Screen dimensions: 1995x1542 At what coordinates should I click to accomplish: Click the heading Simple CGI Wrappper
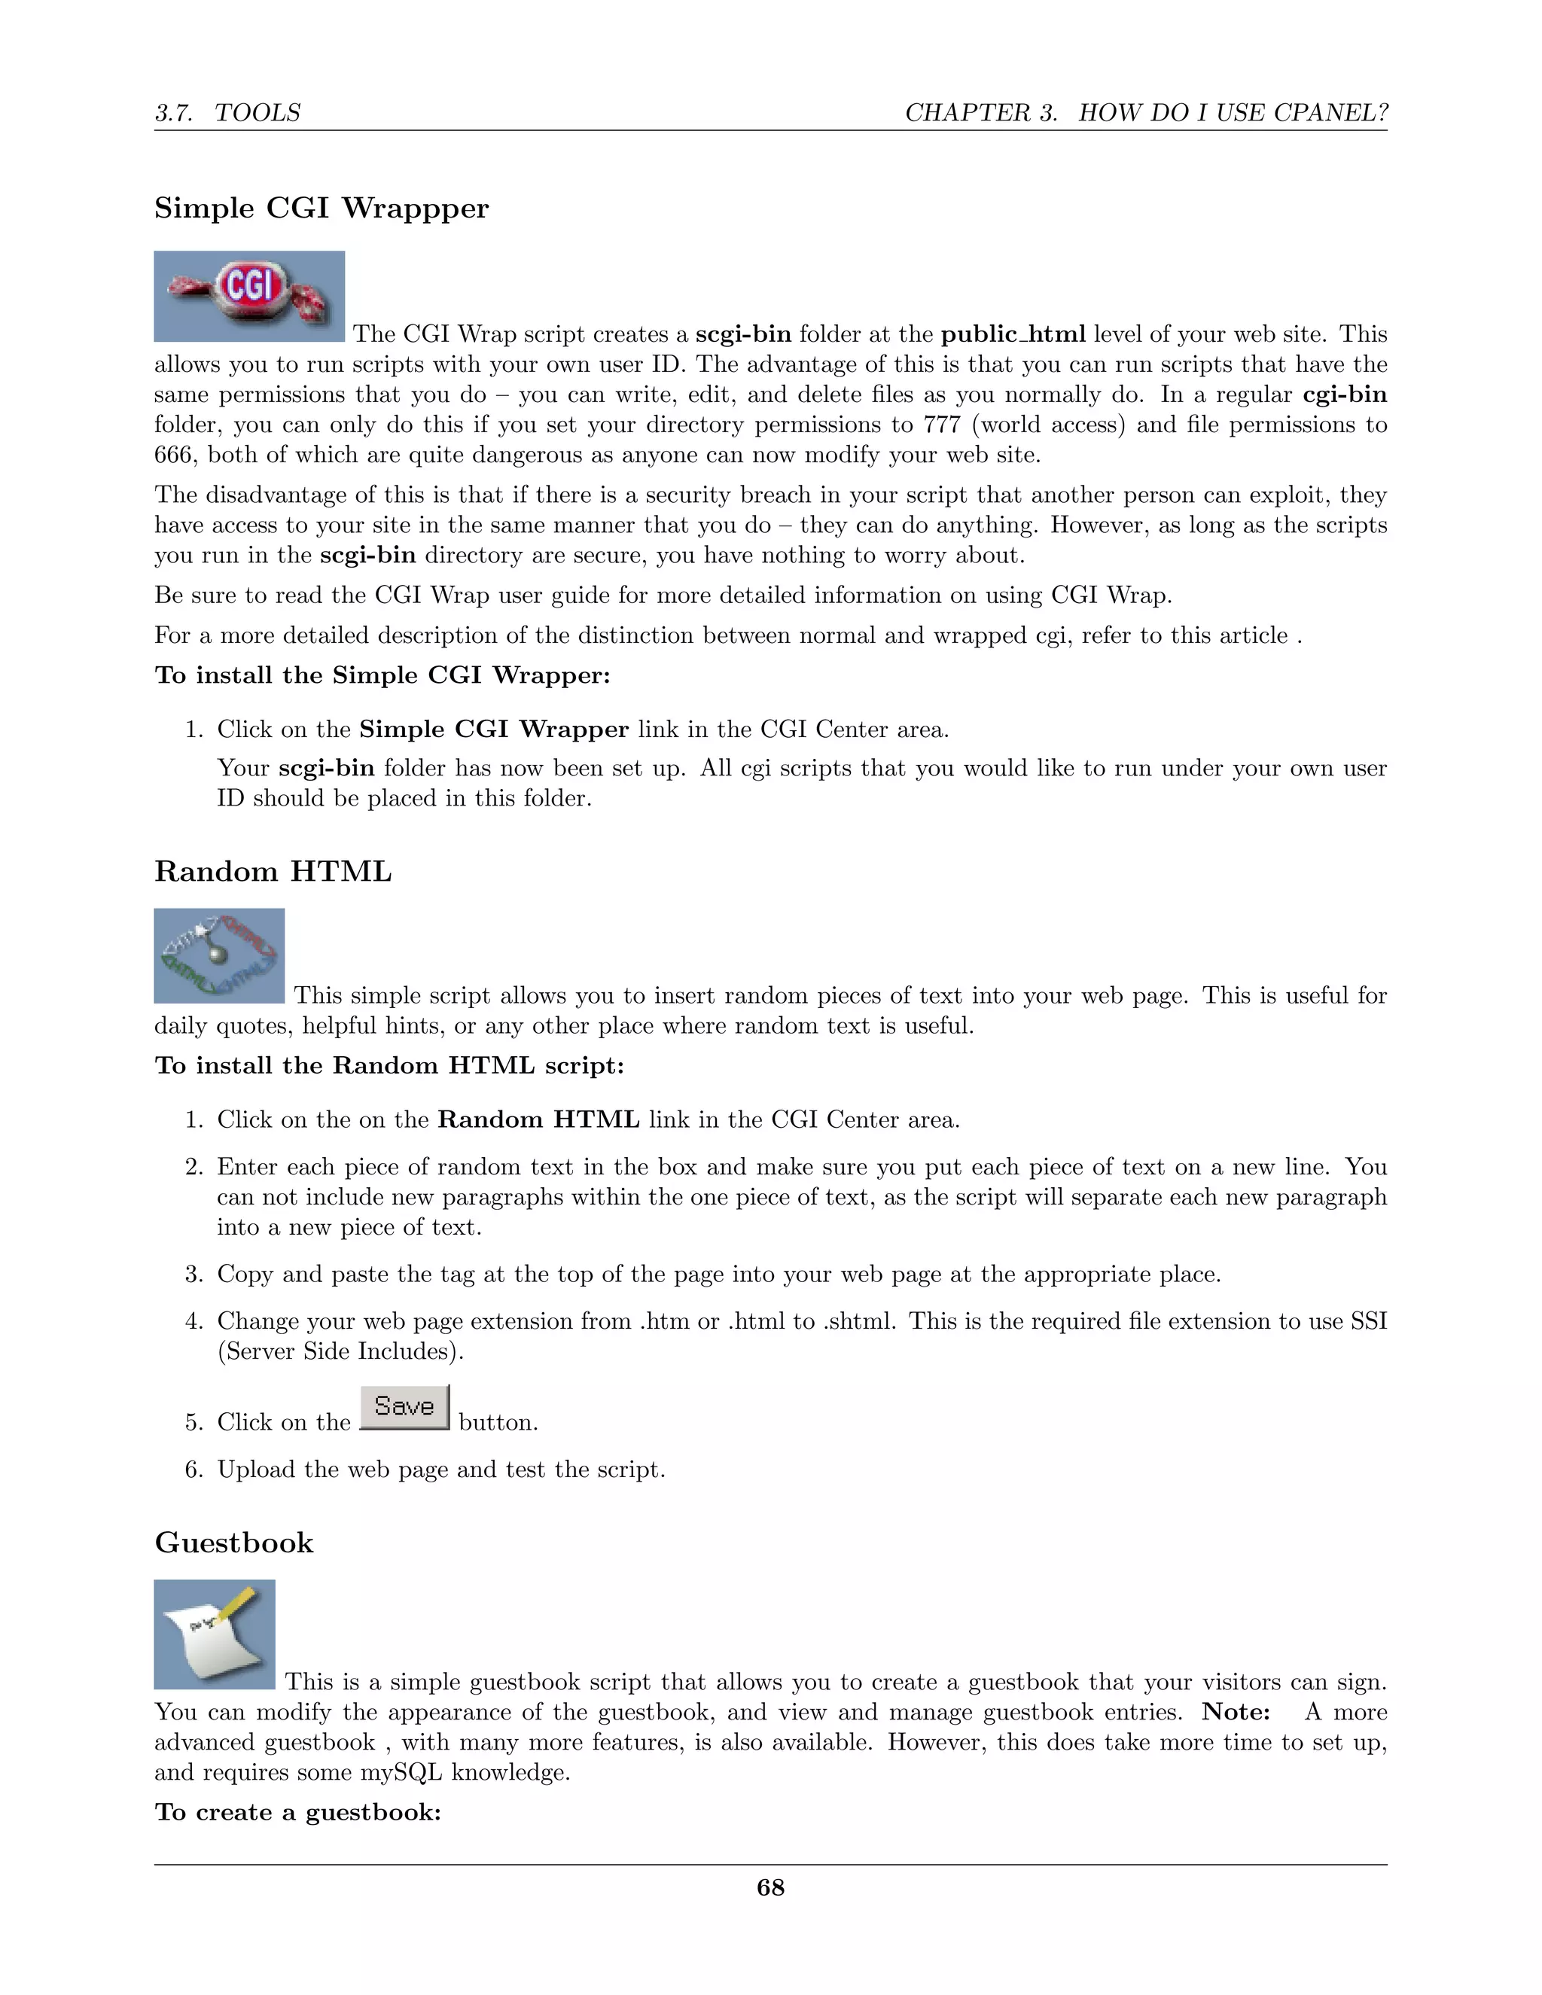tap(322, 209)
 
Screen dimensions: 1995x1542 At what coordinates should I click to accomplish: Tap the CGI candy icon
tap(248, 296)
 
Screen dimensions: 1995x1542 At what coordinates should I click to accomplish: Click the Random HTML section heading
tap(273, 872)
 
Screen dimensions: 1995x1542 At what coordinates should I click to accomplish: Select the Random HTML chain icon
tap(219, 955)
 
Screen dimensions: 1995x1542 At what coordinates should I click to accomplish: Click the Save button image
tap(404, 1407)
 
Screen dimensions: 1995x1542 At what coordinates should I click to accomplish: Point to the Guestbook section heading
tap(234, 1543)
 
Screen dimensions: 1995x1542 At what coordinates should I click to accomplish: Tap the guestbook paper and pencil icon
tap(215, 1634)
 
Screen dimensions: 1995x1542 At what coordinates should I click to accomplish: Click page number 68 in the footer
tap(770, 1887)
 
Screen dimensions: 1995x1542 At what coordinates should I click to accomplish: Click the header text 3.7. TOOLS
tap(227, 113)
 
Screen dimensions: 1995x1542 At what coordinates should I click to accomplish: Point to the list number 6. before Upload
tap(194, 1470)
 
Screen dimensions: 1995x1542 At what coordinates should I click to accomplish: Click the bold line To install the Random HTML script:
tap(389, 1066)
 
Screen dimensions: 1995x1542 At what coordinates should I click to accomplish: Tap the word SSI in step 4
tap(1367, 1321)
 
